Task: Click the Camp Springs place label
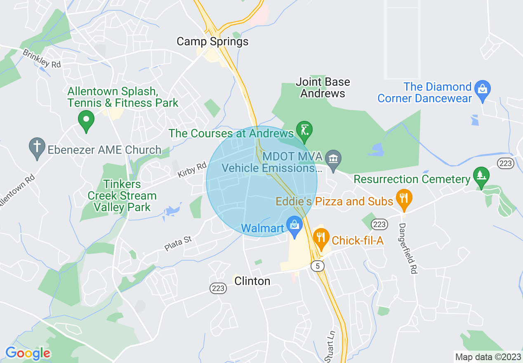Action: click(212, 42)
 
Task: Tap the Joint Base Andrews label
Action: click(323, 87)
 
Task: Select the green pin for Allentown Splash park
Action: click(86, 120)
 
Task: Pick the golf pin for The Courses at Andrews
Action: click(304, 131)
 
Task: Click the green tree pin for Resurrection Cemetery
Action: click(481, 175)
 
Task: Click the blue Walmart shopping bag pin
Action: click(294, 226)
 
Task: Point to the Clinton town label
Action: click(252, 281)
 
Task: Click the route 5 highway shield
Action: click(317, 266)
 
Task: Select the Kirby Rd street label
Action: click(192, 170)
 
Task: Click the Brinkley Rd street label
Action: click(42, 59)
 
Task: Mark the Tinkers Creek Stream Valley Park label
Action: click(122, 196)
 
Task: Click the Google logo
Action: click(28, 353)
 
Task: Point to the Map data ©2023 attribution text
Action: click(487, 356)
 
